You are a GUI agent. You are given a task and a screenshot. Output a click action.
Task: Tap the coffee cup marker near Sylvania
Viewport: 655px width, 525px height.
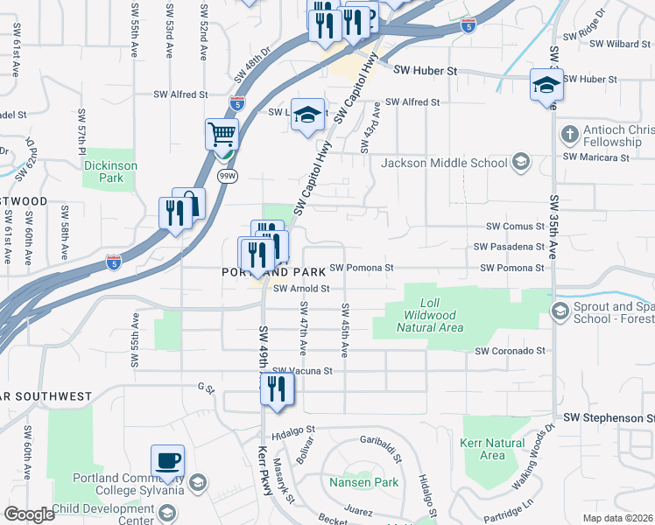[167, 460]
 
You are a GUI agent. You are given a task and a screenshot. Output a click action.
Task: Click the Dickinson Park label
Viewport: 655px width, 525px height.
[110, 171]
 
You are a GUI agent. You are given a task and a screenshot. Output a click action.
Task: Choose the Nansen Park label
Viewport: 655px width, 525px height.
[363, 482]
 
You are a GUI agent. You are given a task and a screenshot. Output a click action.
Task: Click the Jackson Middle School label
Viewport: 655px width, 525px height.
[444, 163]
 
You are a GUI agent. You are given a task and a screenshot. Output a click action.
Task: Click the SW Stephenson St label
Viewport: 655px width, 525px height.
[609, 418]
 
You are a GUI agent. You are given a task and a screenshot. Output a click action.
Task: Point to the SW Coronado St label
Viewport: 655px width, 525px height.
[510, 351]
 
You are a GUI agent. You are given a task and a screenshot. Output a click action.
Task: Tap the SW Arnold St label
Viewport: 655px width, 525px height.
[300, 288]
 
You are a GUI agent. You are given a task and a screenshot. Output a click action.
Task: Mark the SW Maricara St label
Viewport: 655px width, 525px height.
[596, 157]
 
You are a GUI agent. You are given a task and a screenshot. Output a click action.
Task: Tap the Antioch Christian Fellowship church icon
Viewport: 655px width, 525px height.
[570, 135]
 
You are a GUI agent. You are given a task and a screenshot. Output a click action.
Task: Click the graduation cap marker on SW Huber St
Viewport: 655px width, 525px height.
[546, 86]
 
